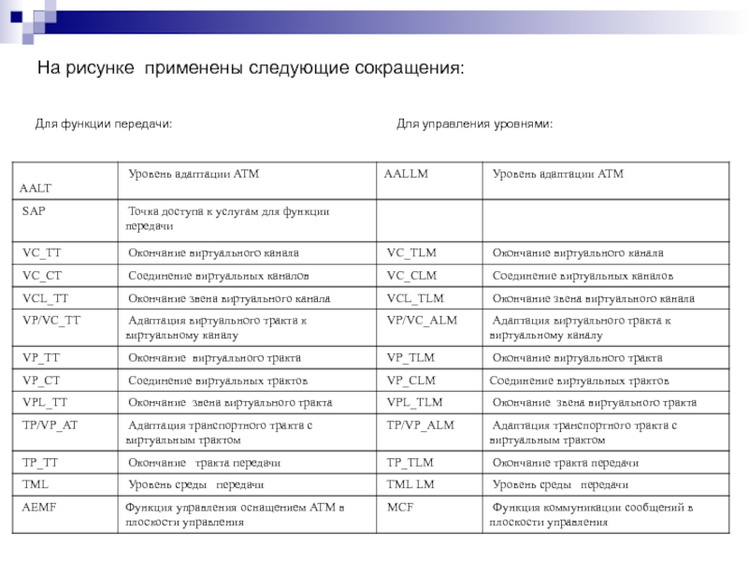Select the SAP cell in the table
[34, 212]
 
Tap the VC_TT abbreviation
[40, 253]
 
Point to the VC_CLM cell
[411, 276]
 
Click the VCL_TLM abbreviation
[415, 298]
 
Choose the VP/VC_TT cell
[51, 321]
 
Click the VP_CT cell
[41, 381]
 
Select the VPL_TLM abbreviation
[414, 403]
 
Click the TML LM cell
[410, 485]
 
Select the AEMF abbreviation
[38, 508]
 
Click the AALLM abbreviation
[406, 175]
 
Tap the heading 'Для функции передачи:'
[103, 124]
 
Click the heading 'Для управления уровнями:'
[474, 124]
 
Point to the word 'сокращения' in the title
[409, 70]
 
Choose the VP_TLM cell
[411, 358]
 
